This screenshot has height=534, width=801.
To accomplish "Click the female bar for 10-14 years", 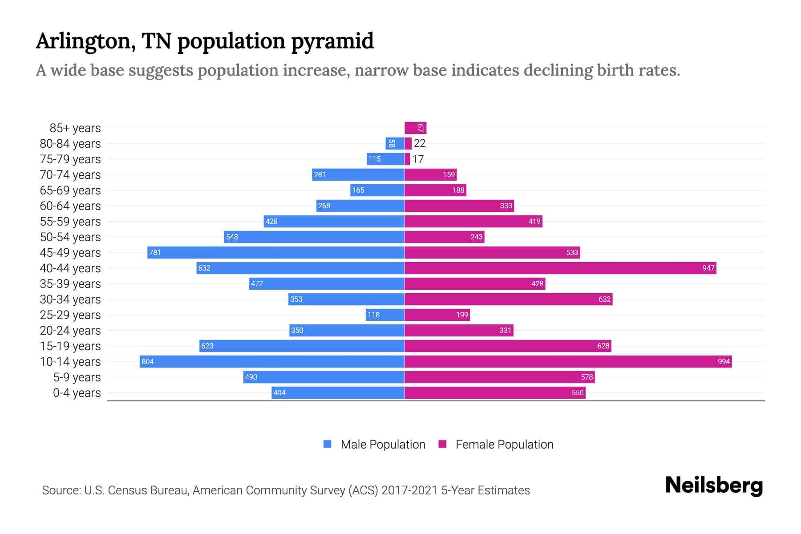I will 568,361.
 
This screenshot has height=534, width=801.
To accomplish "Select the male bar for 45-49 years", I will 276,252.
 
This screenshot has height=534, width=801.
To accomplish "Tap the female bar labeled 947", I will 560,268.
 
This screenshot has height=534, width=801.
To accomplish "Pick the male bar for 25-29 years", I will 385,315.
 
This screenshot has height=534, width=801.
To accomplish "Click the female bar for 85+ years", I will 415,128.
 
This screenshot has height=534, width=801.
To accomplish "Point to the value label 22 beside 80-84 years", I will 420,143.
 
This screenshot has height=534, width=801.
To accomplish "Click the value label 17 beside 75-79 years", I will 418,159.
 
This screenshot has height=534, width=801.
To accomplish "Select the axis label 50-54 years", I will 70,237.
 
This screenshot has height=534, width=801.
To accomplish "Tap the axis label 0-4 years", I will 77,392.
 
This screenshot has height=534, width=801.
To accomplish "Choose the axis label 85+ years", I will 75,128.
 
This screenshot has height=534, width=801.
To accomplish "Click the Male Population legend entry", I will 374,444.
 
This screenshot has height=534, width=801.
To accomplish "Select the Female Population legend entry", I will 496,444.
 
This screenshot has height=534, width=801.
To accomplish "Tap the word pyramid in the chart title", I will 332,41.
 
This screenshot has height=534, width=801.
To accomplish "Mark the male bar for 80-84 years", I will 395,143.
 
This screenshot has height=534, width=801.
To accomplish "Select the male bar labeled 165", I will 377,190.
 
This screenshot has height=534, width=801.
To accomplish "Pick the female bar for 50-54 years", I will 444,237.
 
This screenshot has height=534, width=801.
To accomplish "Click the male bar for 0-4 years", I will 338,392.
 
